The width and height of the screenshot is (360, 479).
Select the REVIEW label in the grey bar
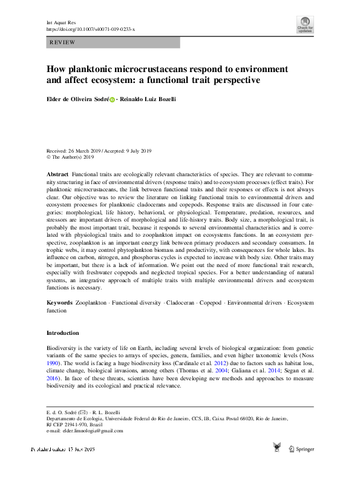(x=63, y=42)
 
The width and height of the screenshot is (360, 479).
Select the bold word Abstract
(x=58, y=174)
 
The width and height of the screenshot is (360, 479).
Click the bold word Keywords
(x=60, y=302)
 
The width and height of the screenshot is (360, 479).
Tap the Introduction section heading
(x=63, y=333)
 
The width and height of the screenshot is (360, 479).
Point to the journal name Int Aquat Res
(x=61, y=22)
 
